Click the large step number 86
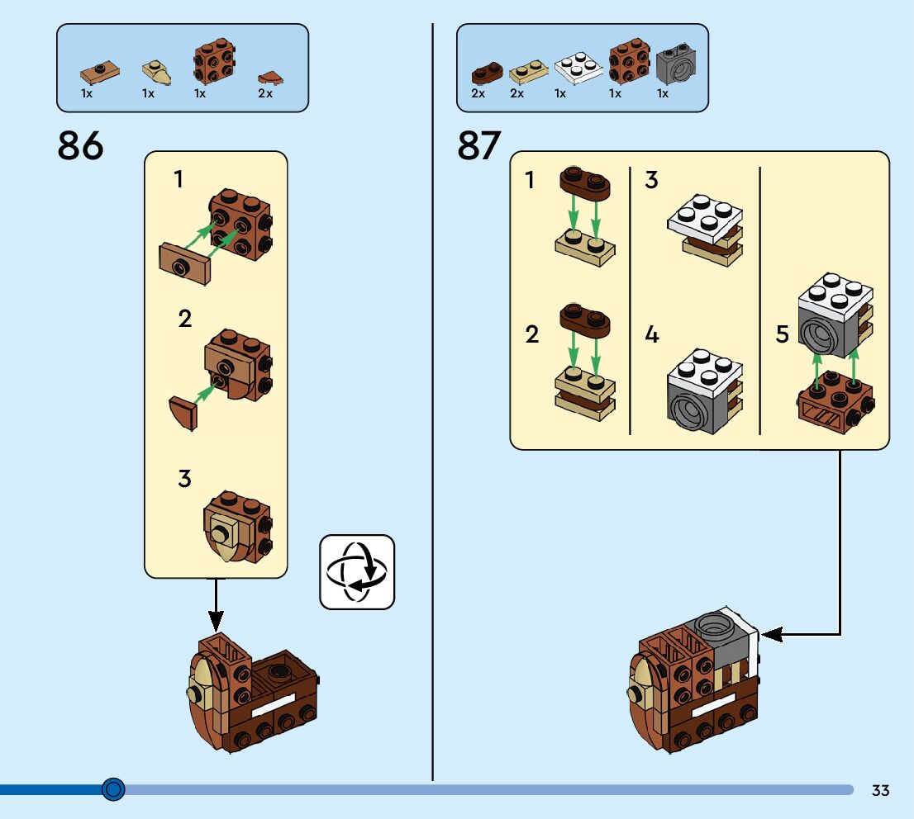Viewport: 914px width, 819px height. [81, 147]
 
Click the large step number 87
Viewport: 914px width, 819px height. [479, 147]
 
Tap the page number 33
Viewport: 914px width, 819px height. [880, 790]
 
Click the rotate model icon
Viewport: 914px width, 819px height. [357, 572]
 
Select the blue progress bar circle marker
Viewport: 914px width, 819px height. [113, 789]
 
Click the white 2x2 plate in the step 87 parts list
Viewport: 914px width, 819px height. [578, 69]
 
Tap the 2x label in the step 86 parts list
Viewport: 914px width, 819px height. [265, 93]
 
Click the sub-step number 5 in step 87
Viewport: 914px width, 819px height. [783, 334]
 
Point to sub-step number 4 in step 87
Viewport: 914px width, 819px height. [652, 334]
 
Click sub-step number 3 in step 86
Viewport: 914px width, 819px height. [184, 478]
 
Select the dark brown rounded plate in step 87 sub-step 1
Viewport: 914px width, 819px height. [585, 182]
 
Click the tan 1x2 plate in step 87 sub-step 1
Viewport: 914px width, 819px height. [584, 247]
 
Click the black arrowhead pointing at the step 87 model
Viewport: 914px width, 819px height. [768, 634]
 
